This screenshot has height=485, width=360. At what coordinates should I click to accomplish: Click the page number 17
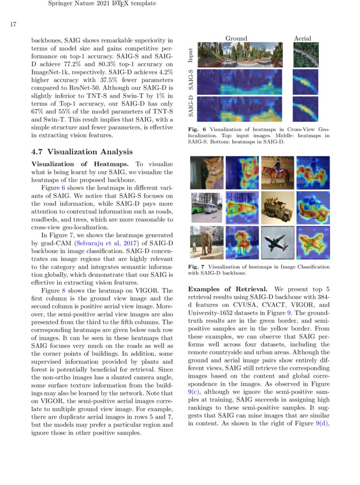[14, 24]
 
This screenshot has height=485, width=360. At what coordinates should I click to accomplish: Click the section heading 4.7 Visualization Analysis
[81, 152]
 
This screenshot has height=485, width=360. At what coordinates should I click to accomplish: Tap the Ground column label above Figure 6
[236, 38]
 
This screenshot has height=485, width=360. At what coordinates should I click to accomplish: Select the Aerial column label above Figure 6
[303, 38]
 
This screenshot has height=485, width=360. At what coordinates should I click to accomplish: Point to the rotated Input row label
[190, 55]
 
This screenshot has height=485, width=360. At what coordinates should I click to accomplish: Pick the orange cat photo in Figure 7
[206, 173]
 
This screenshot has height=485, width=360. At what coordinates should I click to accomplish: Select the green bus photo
[206, 208]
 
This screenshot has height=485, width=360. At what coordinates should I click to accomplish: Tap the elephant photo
[206, 242]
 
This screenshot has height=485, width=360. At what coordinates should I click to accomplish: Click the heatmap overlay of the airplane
[313, 242]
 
